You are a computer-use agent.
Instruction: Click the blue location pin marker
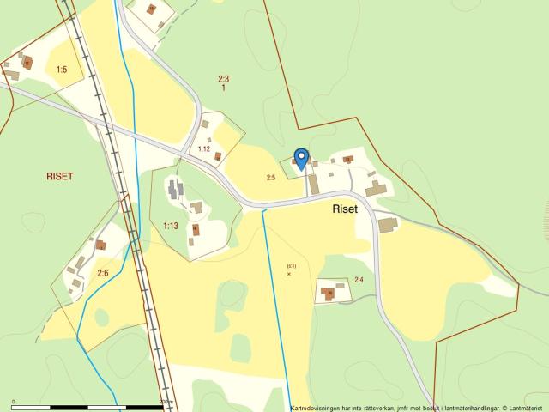[301, 158]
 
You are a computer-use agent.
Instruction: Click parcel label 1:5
[62, 69]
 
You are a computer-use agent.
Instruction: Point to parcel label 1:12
[204, 149]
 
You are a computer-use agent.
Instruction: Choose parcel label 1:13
[170, 226]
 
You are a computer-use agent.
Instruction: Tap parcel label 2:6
[103, 273]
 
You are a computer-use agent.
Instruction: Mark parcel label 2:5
[271, 178]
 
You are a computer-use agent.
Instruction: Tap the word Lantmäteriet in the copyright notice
[526, 408]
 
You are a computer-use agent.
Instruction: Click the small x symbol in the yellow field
[289, 274]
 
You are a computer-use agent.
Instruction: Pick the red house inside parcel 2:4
[328, 294]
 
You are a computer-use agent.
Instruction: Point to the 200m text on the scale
[166, 401]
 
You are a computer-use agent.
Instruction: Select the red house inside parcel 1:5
[27, 63]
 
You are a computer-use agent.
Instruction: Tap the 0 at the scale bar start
[14, 401]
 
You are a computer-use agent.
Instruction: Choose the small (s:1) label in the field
[292, 265]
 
